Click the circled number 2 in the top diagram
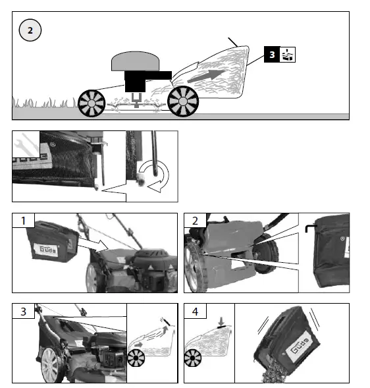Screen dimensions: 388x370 point(30,30)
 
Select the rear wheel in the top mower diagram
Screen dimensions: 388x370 point(183,101)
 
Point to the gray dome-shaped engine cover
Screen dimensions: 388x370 point(136,63)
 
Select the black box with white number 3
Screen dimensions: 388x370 point(272,55)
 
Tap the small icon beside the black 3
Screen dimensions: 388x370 point(288,55)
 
